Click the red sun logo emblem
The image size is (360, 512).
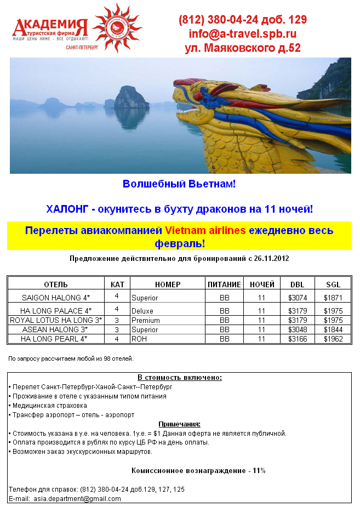[x=117, y=27]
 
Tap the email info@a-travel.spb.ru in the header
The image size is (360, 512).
[x=242, y=33]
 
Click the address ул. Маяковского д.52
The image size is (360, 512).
[x=242, y=48]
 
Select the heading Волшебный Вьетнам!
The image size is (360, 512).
[x=179, y=184]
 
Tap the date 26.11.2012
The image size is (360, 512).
[x=271, y=258]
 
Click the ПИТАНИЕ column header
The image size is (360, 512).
[x=224, y=285]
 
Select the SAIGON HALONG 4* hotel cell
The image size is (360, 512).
[x=56, y=298]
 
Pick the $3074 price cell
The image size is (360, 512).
[x=297, y=298]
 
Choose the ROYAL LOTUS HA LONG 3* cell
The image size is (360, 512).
[x=56, y=320]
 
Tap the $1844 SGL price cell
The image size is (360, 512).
[x=333, y=329]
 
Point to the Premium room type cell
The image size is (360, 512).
[x=146, y=320]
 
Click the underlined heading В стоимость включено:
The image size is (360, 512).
[x=179, y=378]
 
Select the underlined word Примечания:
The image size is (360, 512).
[x=179, y=424]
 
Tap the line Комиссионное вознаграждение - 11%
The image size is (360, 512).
[x=198, y=470]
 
